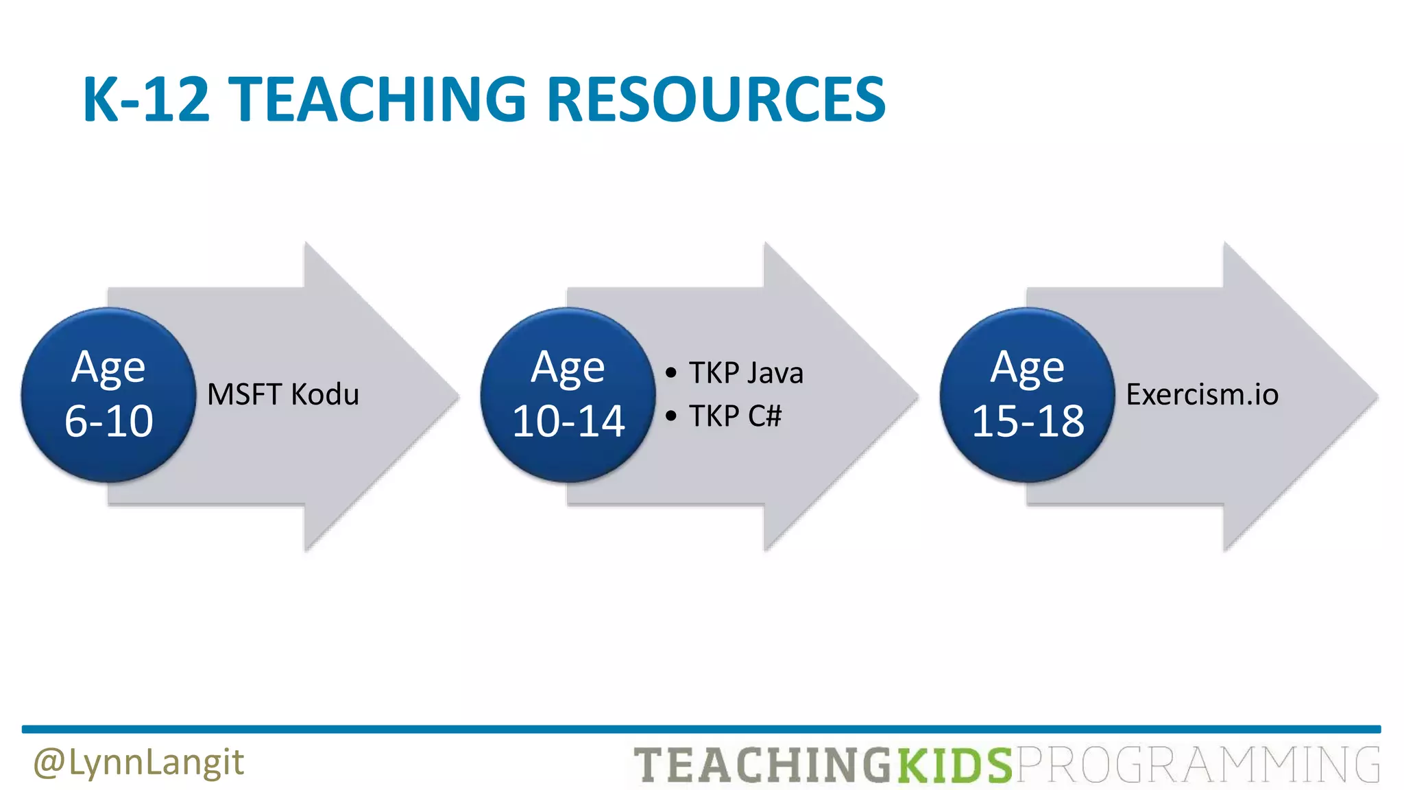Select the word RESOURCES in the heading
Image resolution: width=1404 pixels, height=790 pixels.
click(716, 99)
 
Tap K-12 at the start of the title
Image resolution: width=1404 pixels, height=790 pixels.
click(145, 99)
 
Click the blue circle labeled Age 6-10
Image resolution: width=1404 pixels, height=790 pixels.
click(108, 395)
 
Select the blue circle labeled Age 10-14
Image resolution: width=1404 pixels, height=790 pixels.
click(568, 395)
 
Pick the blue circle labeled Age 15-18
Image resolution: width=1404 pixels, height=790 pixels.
click(1027, 395)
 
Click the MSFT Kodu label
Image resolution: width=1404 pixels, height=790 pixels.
click(283, 395)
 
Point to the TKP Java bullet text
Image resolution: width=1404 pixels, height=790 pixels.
click(746, 373)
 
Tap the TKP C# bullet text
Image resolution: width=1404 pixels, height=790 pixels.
click(735, 416)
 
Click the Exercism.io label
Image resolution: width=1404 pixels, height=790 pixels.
click(1202, 395)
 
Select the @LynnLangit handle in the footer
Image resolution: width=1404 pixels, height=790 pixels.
click(138, 763)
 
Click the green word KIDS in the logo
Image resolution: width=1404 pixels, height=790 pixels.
click(954, 765)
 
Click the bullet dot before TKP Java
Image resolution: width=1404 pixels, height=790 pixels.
click(671, 373)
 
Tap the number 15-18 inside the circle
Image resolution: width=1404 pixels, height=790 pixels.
click(1028, 421)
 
